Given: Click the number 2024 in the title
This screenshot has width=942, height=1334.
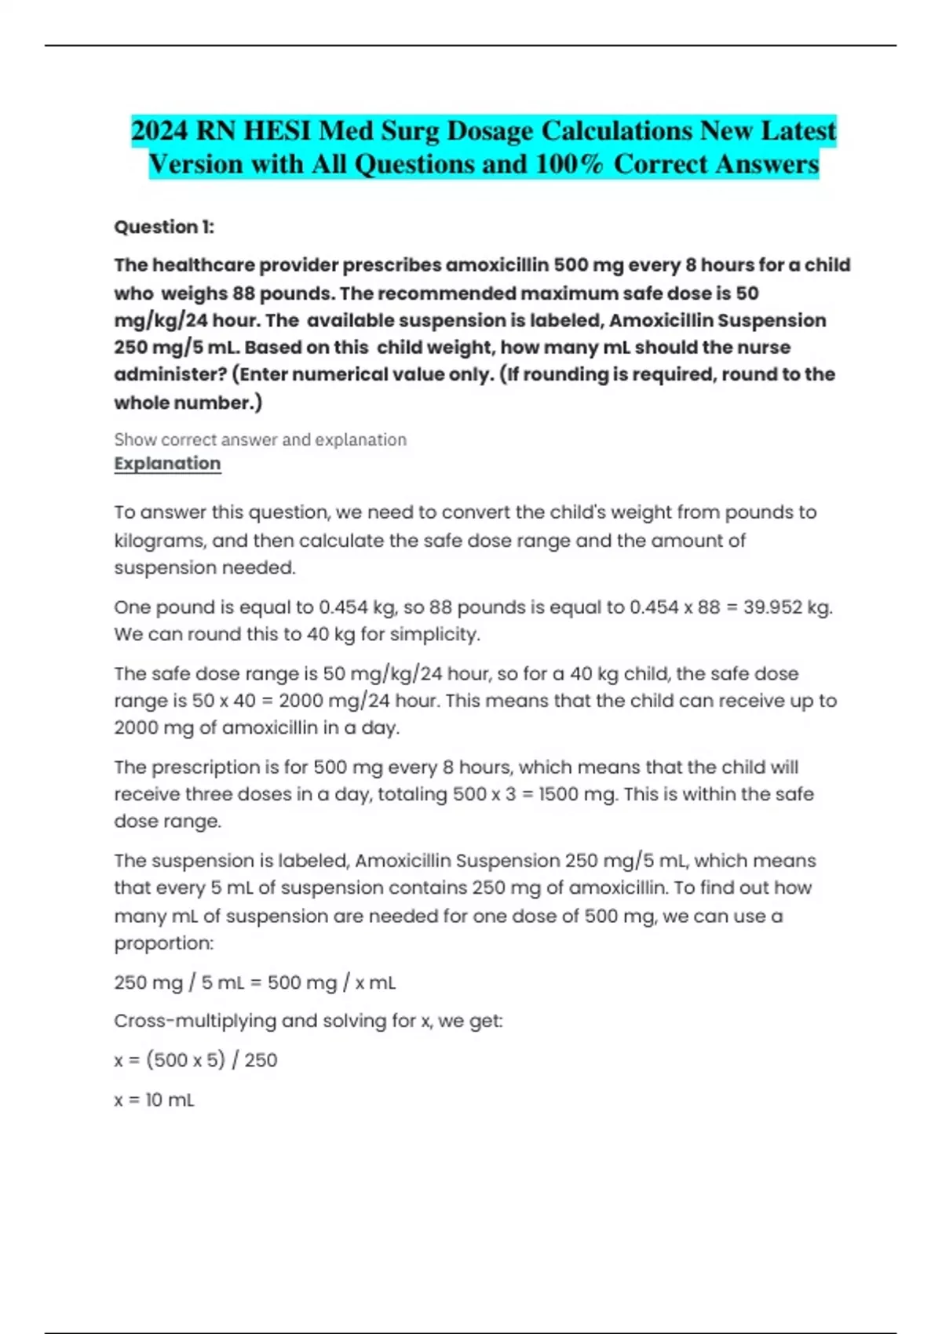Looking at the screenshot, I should [159, 130].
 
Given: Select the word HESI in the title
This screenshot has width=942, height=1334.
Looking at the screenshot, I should [277, 130].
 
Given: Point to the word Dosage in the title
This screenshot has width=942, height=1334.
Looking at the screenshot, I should [490, 130].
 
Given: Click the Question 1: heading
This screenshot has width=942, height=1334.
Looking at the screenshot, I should [164, 227].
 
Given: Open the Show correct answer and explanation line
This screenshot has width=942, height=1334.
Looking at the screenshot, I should [260, 439].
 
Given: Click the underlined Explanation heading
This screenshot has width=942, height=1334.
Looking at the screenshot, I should [167, 463].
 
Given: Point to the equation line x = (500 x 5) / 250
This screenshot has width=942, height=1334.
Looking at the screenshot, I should [195, 1060].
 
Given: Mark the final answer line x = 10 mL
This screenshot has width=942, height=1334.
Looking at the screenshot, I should [154, 1099].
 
